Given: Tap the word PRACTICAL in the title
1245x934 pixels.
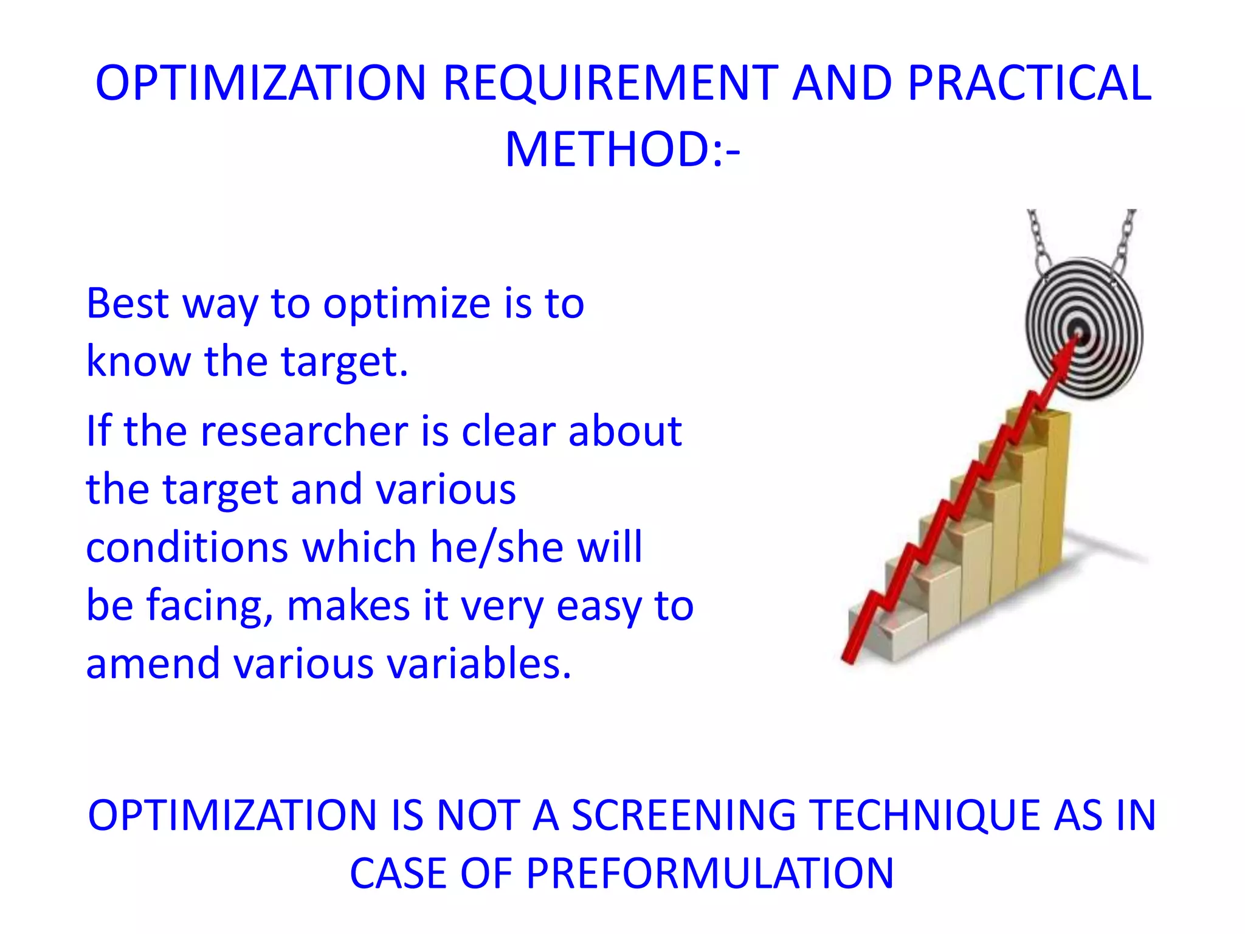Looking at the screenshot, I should [1029, 83].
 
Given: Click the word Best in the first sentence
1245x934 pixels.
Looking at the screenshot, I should [127, 303].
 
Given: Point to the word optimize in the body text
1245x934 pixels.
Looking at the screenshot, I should [406, 303].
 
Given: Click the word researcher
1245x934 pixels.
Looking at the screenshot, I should [305, 431].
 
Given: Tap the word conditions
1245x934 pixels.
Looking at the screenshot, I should [187, 547].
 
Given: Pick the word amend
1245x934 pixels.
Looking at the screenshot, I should [153, 663].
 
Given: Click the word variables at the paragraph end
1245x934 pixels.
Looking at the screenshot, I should [480, 663].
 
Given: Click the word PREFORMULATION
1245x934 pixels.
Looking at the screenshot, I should [709, 874].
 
